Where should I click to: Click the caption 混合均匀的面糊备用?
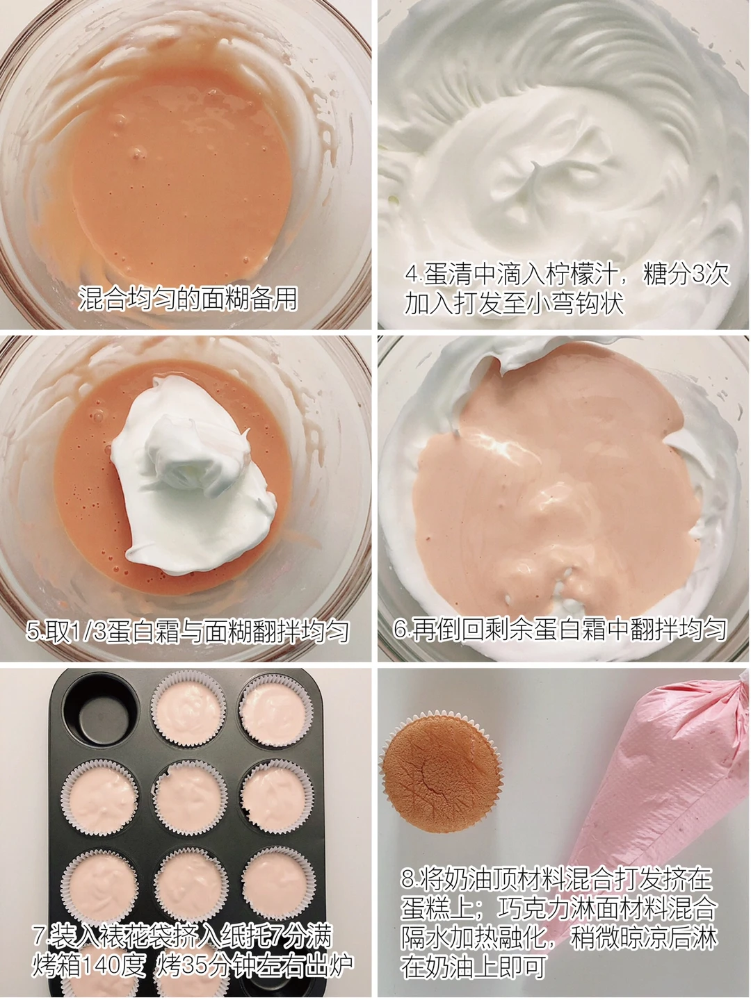point(187,299)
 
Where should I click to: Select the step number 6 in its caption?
point(400,630)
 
